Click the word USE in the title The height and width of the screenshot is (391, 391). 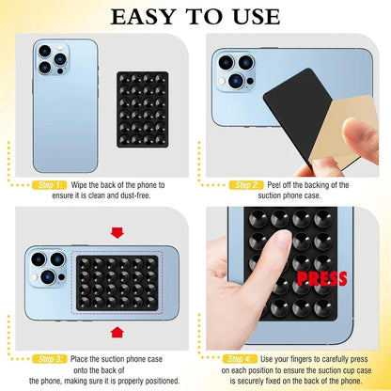(251, 17)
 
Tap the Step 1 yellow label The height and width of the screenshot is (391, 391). (50, 186)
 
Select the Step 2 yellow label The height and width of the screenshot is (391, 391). (247, 186)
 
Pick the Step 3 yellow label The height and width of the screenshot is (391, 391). (50, 359)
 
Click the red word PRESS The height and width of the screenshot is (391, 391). (322, 278)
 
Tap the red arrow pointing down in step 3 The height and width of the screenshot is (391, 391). (117, 233)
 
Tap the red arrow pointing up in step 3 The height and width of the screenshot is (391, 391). (117, 331)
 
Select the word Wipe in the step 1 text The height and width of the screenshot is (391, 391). (84, 186)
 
